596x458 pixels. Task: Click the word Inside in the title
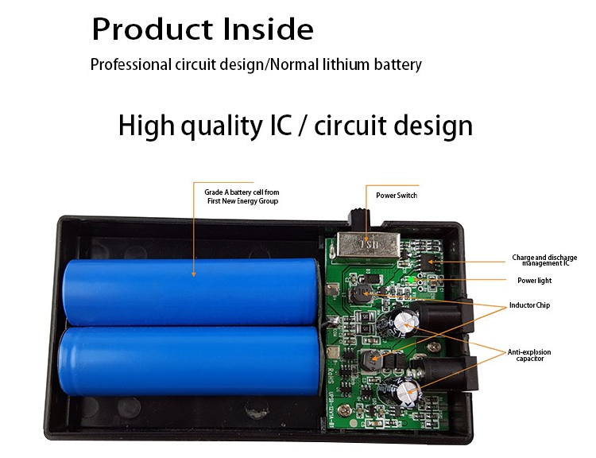268,29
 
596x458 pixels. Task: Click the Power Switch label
397,195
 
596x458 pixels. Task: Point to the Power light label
535,281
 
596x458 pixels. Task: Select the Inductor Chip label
529,305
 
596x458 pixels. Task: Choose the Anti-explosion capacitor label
529,355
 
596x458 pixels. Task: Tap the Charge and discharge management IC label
544,260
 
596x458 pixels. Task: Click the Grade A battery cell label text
242,196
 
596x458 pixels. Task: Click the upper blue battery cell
189,291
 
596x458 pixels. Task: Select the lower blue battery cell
189,361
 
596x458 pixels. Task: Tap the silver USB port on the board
368,246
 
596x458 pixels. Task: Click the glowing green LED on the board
411,280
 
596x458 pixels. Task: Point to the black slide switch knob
358,217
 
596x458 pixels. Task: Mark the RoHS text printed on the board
330,375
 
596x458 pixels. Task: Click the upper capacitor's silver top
406,324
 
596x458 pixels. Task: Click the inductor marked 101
359,293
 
